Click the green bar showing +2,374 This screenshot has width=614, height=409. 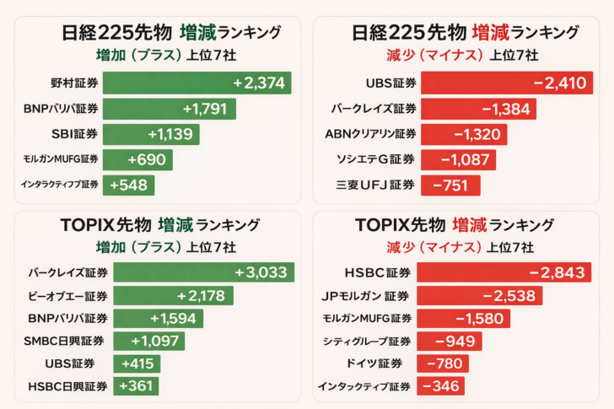(197, 83)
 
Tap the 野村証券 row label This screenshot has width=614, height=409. (74, 83)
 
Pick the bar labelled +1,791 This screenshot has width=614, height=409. (169, 109)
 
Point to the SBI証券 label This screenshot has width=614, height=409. (75, 134)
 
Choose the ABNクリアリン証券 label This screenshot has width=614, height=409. (370, 134)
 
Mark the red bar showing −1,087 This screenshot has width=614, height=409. (458, 159)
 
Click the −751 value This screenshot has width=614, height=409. (450, 186)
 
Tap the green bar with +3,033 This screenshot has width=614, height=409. (204, 272)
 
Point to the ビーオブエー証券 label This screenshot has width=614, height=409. (68, 296)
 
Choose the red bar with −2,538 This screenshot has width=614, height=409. (481, 296)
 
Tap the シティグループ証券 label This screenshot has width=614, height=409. (367, 341)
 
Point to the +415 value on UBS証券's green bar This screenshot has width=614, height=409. (136, 363)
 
